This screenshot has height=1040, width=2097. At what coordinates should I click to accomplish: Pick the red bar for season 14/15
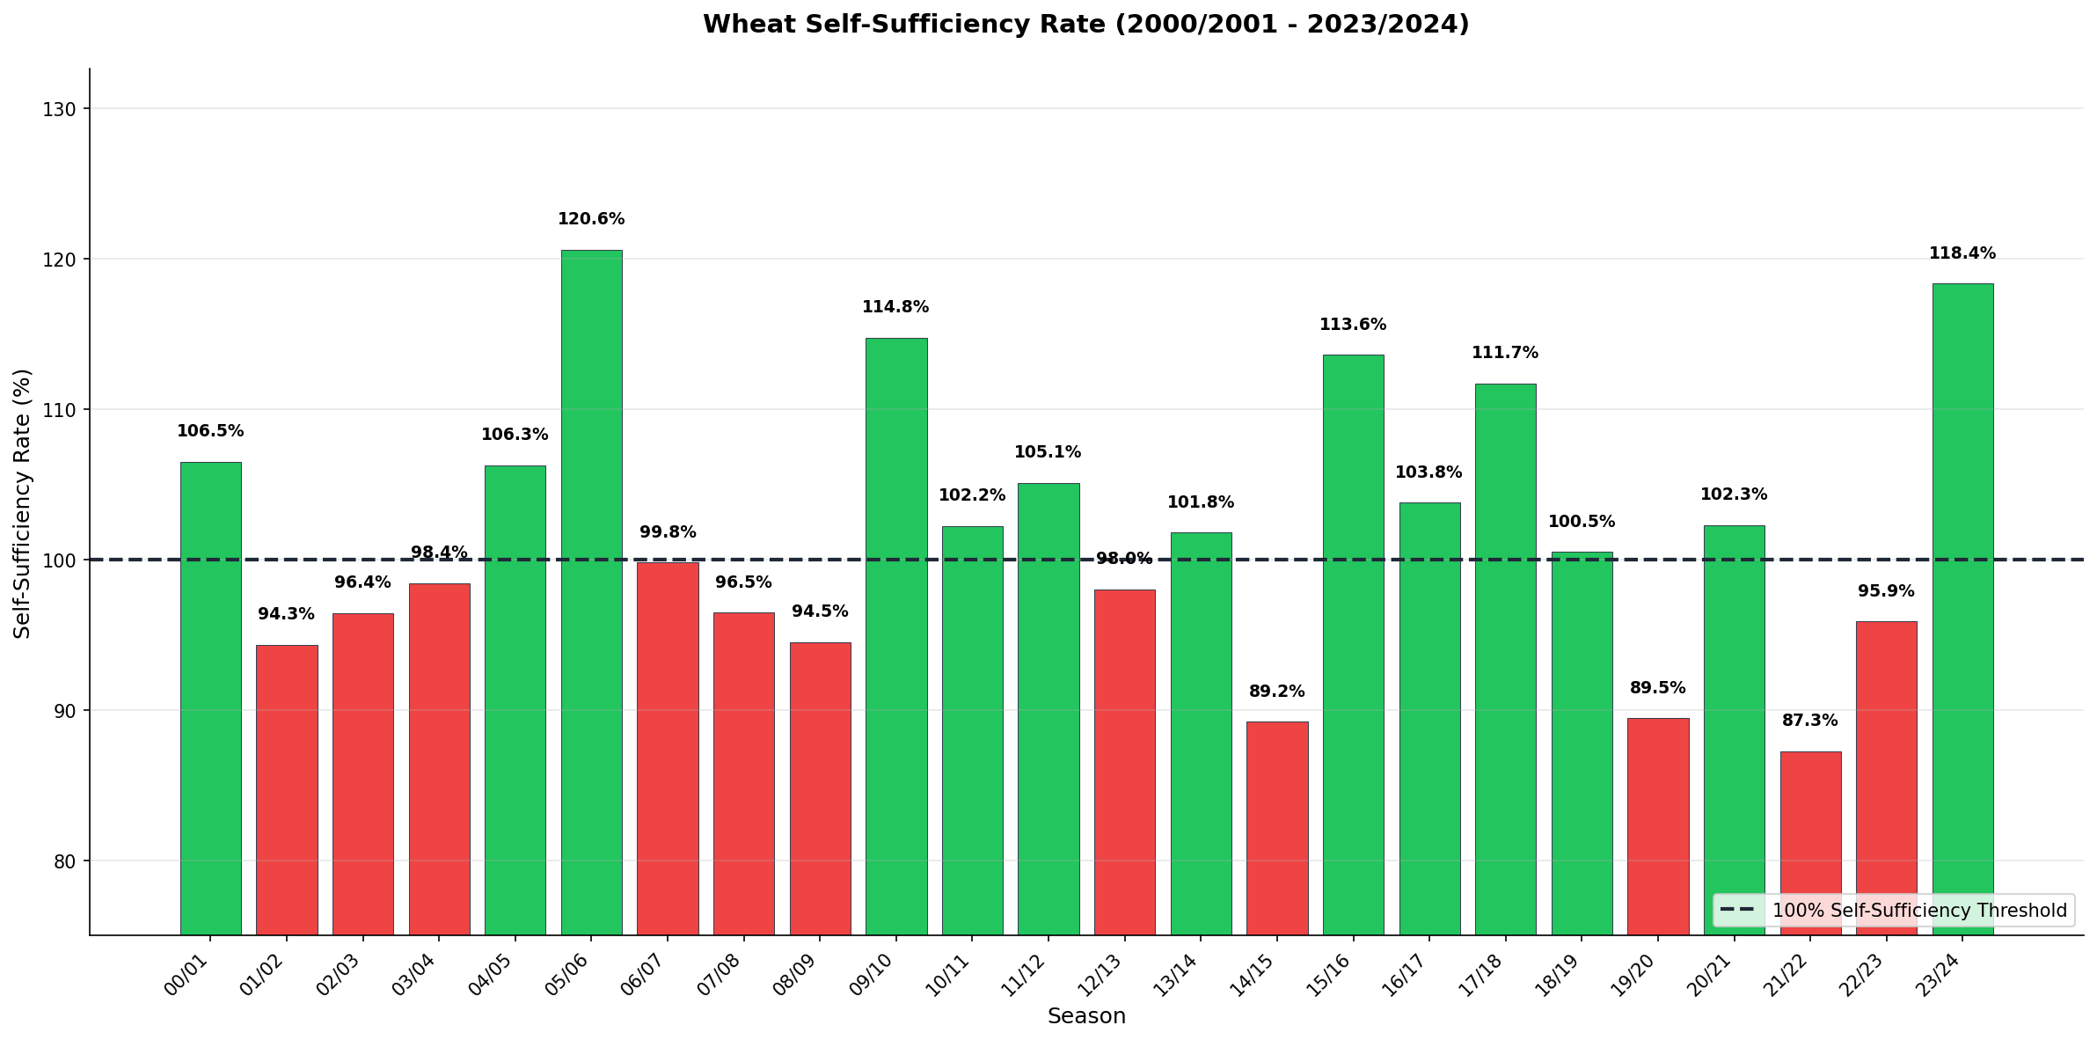[1276, 827]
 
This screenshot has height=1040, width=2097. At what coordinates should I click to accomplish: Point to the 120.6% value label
[591, 219]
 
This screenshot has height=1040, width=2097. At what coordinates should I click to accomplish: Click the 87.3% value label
[1810, 721]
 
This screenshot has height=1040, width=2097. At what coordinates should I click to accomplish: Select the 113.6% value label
[1352, 325]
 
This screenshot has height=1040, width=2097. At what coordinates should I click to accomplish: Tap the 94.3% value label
[286, 614]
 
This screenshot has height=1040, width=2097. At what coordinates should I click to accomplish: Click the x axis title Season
[1086, 1016]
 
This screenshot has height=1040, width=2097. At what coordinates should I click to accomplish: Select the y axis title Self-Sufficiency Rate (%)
[23, 503]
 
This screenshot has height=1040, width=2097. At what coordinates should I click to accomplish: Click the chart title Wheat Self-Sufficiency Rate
[1085, 25]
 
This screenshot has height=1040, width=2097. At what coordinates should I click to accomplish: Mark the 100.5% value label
[1581, 522]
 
